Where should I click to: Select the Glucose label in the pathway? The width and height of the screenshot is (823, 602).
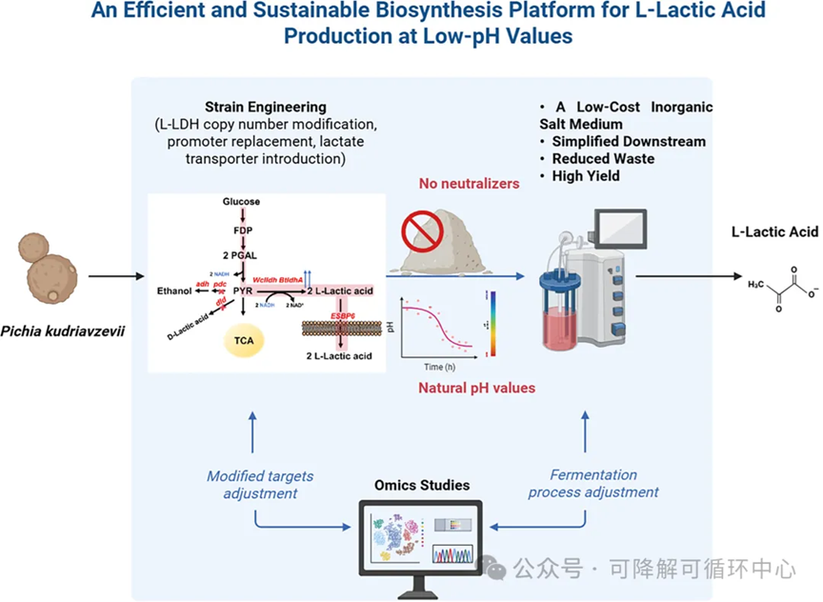pos(241,202)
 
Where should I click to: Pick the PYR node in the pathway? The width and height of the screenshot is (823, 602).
pos(243,289)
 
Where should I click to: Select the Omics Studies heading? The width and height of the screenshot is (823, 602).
pos(419,486)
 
